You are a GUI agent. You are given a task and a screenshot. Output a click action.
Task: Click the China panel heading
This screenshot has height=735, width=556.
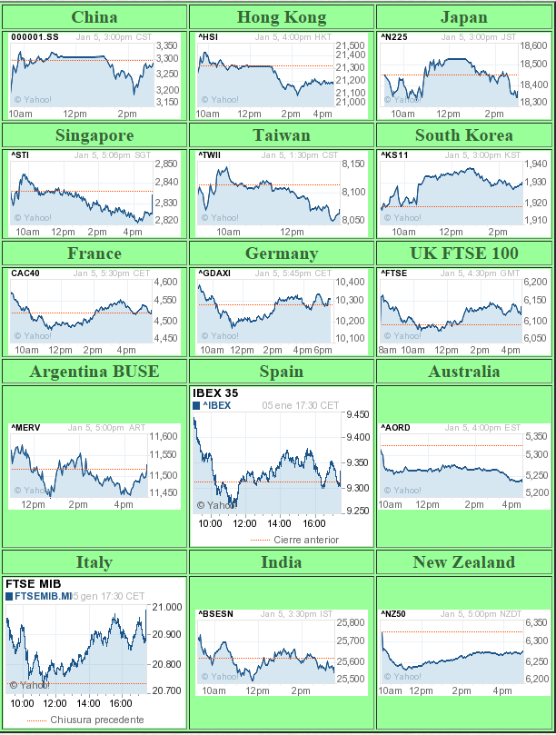click(94, 17)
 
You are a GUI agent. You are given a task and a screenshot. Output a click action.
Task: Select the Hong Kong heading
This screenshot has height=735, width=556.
click(281, 17)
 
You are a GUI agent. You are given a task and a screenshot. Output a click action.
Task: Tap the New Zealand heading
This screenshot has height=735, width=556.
click(463, 562)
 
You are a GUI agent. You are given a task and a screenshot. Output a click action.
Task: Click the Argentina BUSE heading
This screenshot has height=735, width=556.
click(94, 372)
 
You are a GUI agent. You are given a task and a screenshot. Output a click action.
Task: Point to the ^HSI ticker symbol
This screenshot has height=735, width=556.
click(208, 37)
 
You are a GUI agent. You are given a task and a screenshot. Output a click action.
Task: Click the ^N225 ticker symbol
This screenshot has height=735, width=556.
click(394, 37)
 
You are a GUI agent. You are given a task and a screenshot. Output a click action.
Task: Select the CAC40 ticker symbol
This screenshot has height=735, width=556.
click(25, 273)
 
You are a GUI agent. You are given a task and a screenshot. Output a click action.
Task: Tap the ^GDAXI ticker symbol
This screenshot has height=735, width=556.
click(214, 273)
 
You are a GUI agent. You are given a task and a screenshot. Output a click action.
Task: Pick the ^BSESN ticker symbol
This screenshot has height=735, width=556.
click(215, 614)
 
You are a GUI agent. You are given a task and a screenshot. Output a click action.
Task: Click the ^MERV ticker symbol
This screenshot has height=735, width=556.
click(25, 428)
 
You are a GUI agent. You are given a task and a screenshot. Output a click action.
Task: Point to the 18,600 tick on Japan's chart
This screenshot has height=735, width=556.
click(534, 45)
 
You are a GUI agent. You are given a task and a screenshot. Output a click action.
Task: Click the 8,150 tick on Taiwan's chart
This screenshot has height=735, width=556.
click(352, 164)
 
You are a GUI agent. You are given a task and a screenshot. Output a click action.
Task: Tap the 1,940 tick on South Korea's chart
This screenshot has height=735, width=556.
click(536, 164)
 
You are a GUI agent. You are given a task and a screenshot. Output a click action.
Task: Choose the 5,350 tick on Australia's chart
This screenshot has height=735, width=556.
click(536, 437)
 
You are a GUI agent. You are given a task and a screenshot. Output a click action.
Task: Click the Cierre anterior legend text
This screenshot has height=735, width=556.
click(306, 540)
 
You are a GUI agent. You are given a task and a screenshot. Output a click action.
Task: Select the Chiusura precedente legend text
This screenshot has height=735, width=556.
click(96, 720)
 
